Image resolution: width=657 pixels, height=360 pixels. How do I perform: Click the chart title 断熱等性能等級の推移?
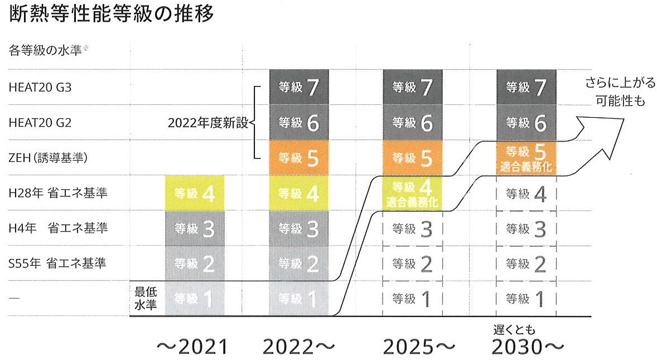click(112, 15)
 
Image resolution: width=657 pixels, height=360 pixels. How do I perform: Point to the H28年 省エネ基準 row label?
click(57, 194)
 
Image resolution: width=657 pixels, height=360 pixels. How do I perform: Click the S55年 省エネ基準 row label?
click(57, 263)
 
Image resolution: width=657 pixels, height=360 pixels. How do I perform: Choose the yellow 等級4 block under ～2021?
click(195, 193)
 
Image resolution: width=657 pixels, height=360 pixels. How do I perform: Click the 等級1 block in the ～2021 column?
click(195, 299)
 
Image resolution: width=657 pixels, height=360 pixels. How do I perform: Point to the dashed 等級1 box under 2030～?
click(526, 299)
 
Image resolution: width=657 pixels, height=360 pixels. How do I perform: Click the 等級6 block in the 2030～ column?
click(526, 123)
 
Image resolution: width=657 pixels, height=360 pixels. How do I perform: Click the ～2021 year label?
click(193, 347)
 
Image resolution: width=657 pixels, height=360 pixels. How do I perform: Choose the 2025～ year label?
click(419, 347)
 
